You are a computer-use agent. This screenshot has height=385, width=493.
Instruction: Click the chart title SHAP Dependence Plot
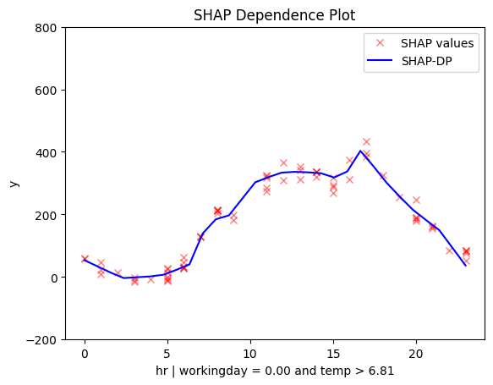point(274,15)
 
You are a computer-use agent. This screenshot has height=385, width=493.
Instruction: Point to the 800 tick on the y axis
point(46,28)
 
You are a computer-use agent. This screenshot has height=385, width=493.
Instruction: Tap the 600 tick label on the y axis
point(46,91)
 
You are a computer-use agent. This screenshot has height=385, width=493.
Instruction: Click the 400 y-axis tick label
point(46,153)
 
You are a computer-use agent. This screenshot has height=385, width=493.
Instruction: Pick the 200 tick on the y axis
point(46,216)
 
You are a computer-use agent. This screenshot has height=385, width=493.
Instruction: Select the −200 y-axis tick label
point(41,340)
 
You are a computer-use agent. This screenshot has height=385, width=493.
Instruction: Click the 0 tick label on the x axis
point(85,354)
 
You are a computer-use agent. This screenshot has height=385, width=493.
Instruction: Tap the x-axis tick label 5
point(167,354)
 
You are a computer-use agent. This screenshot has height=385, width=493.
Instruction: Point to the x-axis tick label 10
point(250,354)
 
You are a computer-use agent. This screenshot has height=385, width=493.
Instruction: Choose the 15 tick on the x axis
point(333,354)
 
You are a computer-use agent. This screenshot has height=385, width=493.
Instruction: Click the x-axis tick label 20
point(416,354)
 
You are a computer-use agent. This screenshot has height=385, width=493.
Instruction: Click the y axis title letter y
point(14,184)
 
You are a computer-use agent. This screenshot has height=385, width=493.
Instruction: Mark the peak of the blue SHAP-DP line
point(360,151)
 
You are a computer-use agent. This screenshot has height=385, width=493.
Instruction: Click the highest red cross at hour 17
point(366,141)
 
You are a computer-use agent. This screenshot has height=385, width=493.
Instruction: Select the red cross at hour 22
point(449,250)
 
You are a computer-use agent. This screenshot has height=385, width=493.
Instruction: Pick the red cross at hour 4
point(151,279)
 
